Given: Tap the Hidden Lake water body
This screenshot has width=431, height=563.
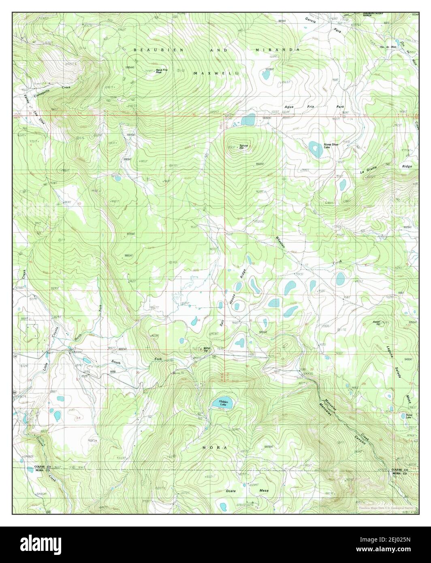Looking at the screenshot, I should coord(224,404).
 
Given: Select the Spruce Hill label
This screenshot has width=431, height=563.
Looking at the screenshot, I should coord(243,147).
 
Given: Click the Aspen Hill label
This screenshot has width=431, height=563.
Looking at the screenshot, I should coord(368,323).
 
